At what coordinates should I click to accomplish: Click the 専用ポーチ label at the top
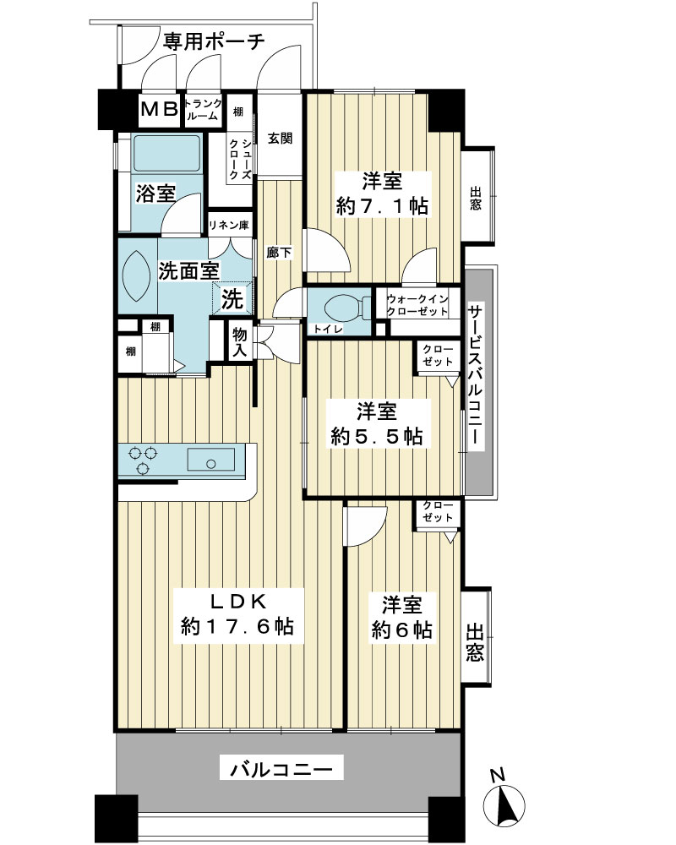click(x=214, y=41)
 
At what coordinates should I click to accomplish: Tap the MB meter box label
click(x=160, y=109)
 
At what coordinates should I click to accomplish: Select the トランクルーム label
click(x=203, y=109)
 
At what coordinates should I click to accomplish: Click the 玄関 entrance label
click(x=281, y=138)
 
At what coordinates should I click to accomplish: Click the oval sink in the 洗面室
click(x=134, y=272)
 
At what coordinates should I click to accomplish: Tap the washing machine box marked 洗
click(x=232, y=298)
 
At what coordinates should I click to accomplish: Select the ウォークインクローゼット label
click(x=417, y=305)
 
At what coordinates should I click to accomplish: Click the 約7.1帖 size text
click(x=382, y=206)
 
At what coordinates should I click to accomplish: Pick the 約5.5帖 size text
click(x=377, y=437)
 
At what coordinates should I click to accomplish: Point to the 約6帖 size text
click(x=401, y=630)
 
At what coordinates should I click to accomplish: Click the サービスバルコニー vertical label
click(x=475, y=375)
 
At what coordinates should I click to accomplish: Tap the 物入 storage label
click(x=239, y=343)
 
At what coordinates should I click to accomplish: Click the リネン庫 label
click(x=228, y=226)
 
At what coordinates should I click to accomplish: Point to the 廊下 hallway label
click(x=280, y=252)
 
